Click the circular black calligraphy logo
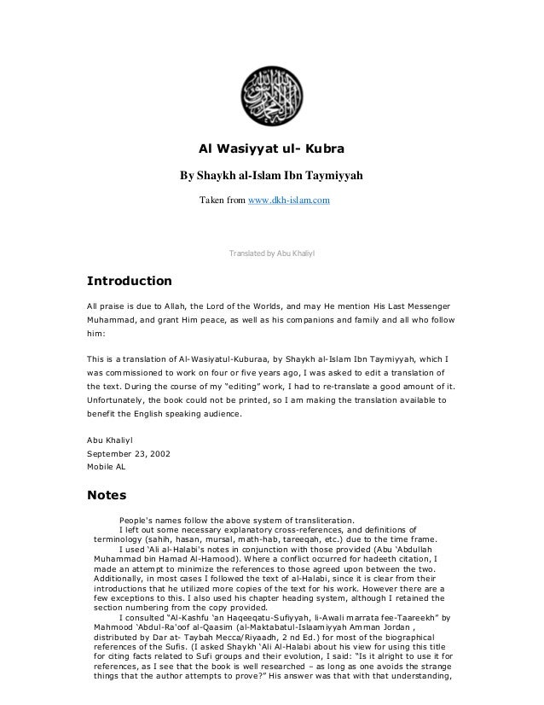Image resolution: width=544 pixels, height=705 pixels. tap(271, 96)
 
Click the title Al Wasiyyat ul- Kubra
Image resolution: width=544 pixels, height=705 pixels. tap(271, 149)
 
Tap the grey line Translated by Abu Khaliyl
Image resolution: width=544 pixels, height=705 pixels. tap(273, 253)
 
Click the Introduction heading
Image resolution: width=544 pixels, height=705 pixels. tap(130, 281)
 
